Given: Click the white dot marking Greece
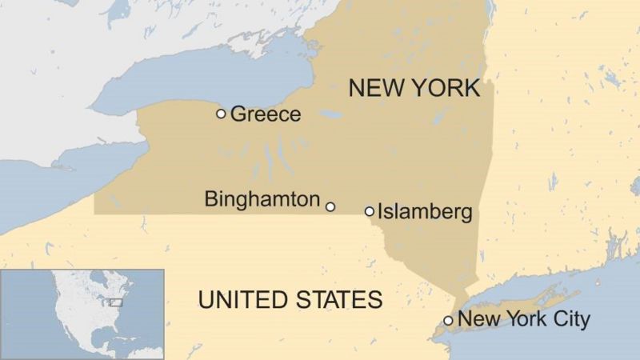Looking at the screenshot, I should click(221, 114).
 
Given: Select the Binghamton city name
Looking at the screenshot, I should click(262, 199).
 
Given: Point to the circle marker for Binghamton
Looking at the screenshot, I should click(330, 206).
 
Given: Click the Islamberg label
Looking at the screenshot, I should click(425, 212).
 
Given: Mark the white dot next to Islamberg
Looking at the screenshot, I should click(369, 211).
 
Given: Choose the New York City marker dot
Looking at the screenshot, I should click(448, 321).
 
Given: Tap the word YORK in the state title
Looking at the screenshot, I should click(446, 88).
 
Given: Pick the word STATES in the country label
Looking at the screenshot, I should click(341, 300).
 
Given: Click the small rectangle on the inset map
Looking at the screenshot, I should click(116, 302).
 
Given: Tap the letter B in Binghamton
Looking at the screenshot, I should click(210, 199).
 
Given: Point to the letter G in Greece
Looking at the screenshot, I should click(238, 114).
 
